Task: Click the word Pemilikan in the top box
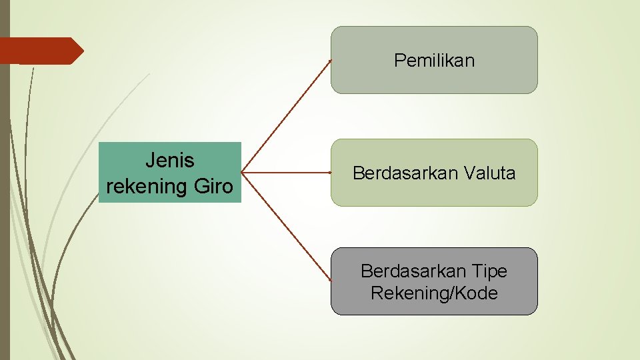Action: pyautogui.click(x=434, y=61)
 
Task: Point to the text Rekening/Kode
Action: pyautogui.click(x=434, y=293)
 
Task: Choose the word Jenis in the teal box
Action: pyautogui.click(x=170, y=161)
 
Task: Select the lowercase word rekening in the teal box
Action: pyautogui.click(x=146, y=186)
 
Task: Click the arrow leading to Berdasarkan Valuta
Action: pyautogui.click(x=287, y=173)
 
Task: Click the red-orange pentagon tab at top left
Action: pyautogui.click(x=40, y=51)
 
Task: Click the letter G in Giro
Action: pyautogui.click(x=201, y=186)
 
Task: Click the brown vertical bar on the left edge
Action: pyautogui.click(x=5, y=200)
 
